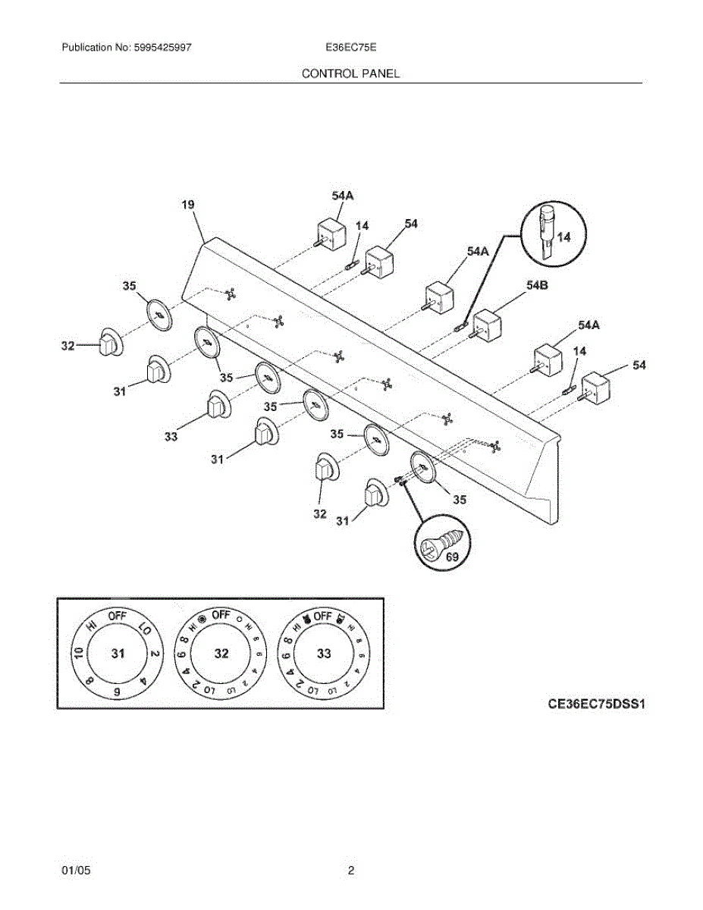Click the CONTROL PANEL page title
point(350,74)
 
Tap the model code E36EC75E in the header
point(351,47)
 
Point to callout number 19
point(188,204)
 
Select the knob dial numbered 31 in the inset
point(118,654)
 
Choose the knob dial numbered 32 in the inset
point(221,654)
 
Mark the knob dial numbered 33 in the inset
point(324,654)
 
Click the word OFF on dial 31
point(118,616)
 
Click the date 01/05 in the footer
point(76,871)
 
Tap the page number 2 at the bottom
point(351,871)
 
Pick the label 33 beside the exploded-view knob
point(171,436)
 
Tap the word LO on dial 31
point(144,627)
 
